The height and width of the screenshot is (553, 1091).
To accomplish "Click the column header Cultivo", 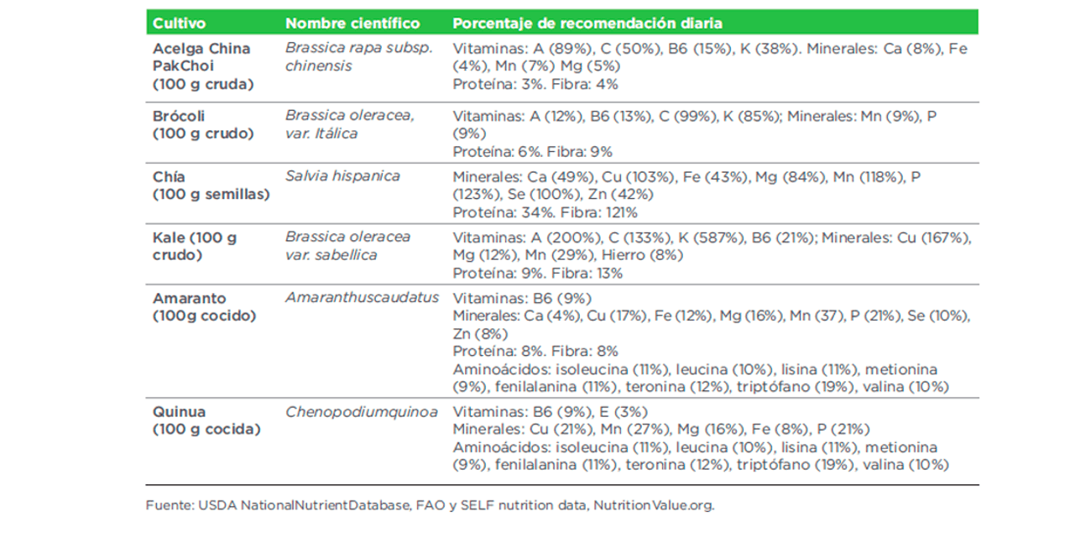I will coord(180,23).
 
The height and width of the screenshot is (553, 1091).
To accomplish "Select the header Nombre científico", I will coord(352,23).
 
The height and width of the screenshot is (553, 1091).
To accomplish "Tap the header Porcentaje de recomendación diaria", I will coord(587,23).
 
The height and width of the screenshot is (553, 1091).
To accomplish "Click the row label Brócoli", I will coord(179,116).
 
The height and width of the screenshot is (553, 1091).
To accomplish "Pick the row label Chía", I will coord(169,176).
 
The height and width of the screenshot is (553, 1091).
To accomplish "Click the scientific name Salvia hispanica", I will coord(342,176).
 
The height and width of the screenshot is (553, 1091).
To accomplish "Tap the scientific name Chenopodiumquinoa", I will coord(362,412).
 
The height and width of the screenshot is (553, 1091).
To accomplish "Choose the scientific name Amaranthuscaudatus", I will coord(362,298).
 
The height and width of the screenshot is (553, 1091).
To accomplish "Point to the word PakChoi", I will coord(183,65).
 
